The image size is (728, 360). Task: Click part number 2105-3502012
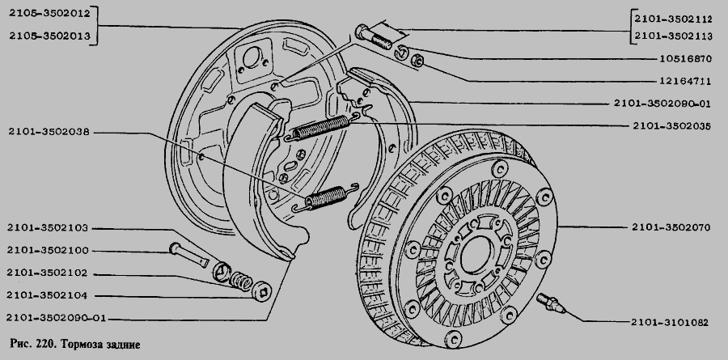[49, 13]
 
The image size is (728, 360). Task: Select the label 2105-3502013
[49, 36]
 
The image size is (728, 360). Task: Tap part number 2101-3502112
[673, 19]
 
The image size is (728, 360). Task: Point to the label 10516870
[685, 59]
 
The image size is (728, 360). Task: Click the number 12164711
[685, 81]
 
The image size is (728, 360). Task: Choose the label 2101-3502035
[671, 126]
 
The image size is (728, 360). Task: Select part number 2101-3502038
[49, 132]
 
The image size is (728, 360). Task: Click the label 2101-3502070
[671, 227]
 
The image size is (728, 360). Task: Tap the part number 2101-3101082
[670, 322]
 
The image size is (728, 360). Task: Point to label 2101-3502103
[48, 227]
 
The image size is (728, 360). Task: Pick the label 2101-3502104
[47, 295]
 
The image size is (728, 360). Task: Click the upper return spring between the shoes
[322, 127]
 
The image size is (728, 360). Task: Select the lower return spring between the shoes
[327, 197]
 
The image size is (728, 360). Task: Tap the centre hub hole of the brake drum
[475, 254]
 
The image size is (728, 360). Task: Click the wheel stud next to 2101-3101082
[551, 303]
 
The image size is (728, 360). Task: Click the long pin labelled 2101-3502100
[189, 255]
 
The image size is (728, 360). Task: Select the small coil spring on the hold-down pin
[241, 280]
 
